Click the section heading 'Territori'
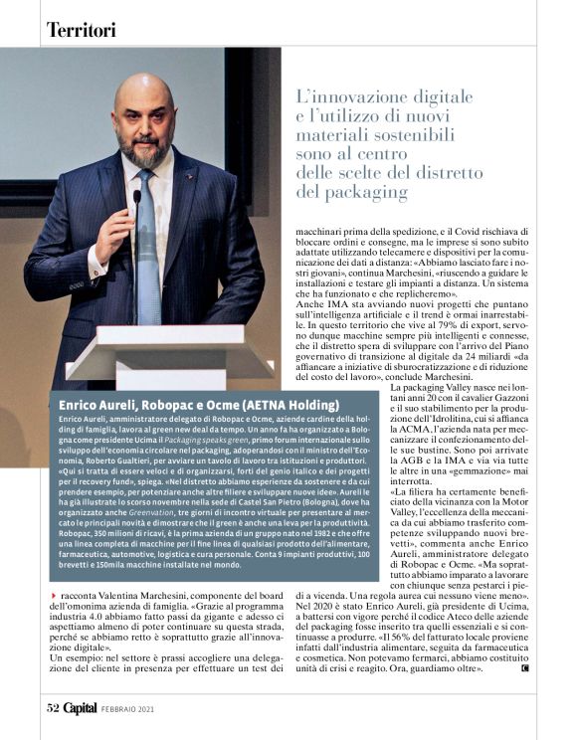(82, 30)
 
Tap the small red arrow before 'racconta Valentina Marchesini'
(53, 594)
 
